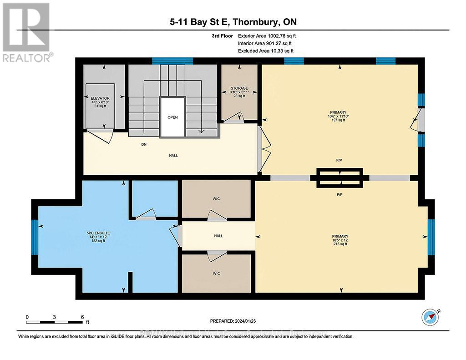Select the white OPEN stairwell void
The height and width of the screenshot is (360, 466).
172,117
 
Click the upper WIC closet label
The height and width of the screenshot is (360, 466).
217,198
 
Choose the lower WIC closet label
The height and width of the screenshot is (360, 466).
217,273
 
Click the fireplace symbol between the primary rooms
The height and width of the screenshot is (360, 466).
340,177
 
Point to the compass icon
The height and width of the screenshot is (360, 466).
430,317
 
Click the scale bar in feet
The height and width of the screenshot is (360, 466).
55,321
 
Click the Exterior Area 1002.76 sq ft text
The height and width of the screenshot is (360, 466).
268,35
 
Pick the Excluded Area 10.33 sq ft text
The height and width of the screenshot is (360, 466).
266,51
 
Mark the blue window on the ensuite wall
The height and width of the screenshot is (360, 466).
34,237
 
